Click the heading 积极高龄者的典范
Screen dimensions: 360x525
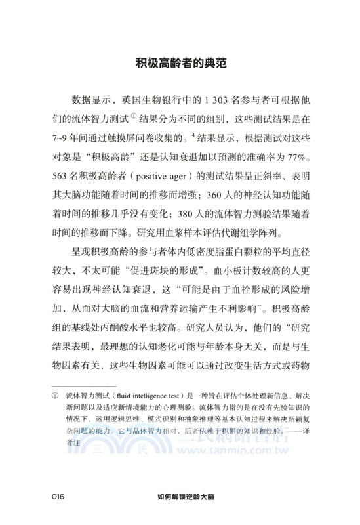coord(180,64)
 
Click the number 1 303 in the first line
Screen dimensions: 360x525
coord(220,100)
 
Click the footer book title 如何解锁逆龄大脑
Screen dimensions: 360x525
coord(180,497)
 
